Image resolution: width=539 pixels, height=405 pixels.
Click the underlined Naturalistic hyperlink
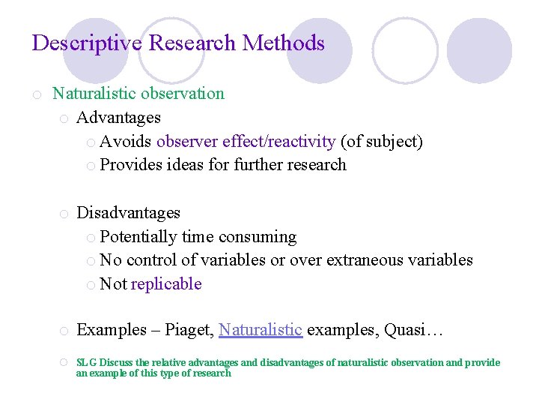(261, 330)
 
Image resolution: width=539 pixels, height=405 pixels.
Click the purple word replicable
(166, 284)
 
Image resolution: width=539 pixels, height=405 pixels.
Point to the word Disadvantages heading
(129, 213)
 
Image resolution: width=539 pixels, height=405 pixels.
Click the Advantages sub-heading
(119, 118)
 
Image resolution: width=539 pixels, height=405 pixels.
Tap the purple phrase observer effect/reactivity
(246, 142)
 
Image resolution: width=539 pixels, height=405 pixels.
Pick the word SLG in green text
(86, 363)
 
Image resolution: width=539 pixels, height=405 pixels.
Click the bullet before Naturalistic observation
(36, 94)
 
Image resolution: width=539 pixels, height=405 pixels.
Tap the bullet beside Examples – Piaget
(65, 331)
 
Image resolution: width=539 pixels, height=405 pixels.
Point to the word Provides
(130, 165)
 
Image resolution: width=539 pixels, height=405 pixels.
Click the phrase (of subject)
(382, 142)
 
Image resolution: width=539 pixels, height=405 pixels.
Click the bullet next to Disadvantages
(65, 214)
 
